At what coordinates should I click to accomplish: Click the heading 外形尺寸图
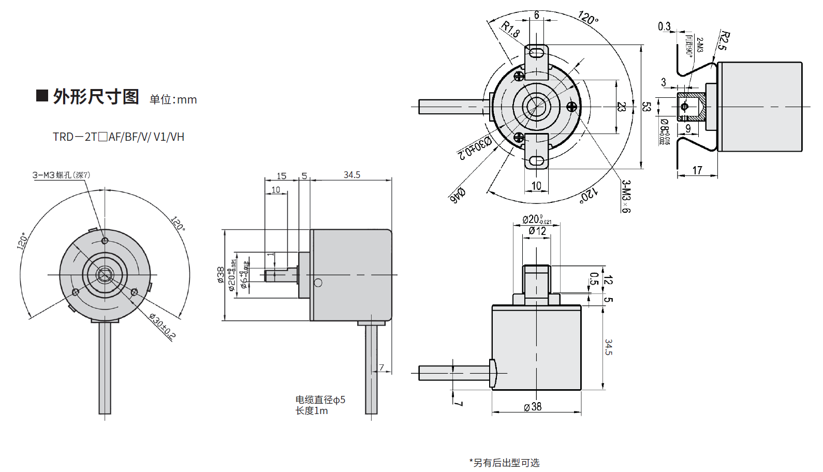[96, 97]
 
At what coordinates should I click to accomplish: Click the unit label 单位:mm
[173, 99]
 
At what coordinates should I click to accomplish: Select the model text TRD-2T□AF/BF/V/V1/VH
[119, 137]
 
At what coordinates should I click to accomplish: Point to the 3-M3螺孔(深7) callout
[61, 175]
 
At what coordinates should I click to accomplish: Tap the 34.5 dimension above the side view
[351, 175]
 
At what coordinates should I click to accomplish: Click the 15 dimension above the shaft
[282, 176]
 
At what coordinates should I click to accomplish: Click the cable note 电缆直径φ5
[320, 400]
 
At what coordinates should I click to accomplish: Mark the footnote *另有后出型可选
[504, 463]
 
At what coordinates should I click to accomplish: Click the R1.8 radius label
[510, 30]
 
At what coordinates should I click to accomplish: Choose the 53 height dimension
[646, 107]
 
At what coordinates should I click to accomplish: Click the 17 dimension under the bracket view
[697, 170]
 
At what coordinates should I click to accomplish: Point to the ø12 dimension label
[537, 231]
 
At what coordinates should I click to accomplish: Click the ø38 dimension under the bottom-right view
[533, 407]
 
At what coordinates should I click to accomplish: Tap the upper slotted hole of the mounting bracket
[537, 52]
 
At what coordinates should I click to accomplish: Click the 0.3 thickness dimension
[664, 26]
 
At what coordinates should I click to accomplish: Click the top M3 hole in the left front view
[105, 241]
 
